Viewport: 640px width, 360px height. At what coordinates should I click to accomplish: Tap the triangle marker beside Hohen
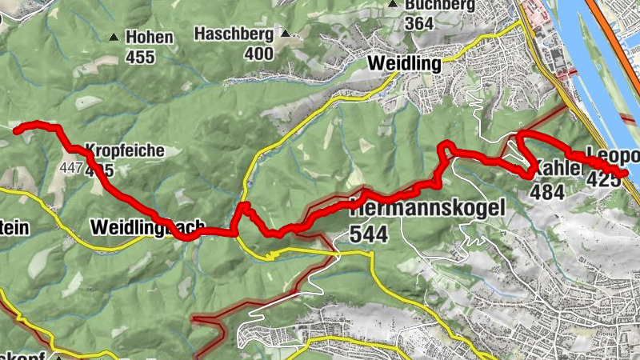coord(114,37)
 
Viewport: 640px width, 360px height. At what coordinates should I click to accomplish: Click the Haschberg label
coord(235,34)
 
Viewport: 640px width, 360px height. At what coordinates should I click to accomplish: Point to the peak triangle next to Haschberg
coord(286,34)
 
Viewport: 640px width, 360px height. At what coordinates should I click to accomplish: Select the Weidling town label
coord(404,62)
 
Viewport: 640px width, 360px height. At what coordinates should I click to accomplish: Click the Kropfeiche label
coord(124,150)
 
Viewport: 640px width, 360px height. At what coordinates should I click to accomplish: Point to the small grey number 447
coord(71,169)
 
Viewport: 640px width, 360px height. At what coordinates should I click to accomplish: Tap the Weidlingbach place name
coord(149,226)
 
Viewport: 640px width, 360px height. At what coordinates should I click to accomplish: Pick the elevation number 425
coord(603,180)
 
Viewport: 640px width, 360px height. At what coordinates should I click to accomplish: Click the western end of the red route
coord(16,126)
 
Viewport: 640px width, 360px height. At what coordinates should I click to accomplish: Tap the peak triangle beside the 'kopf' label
coord(58,357)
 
